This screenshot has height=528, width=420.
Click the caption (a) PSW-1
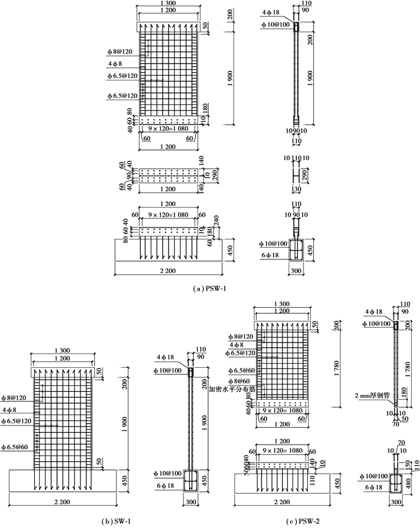209,289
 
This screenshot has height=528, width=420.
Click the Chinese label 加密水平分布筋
232,388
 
